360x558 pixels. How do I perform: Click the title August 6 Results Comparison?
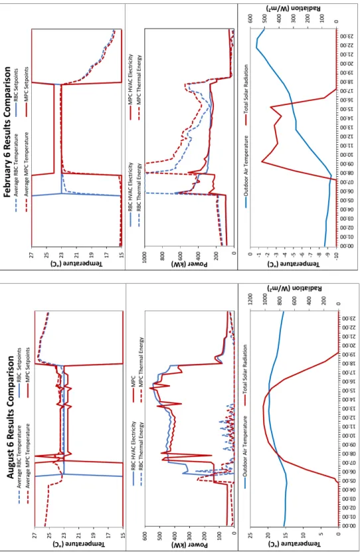(x=11, y=417)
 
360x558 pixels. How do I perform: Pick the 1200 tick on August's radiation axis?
(x=250, y=299)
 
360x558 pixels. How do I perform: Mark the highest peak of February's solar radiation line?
(x=262, y=162)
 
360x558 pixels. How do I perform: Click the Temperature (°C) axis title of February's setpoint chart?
(x=76, y=264)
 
